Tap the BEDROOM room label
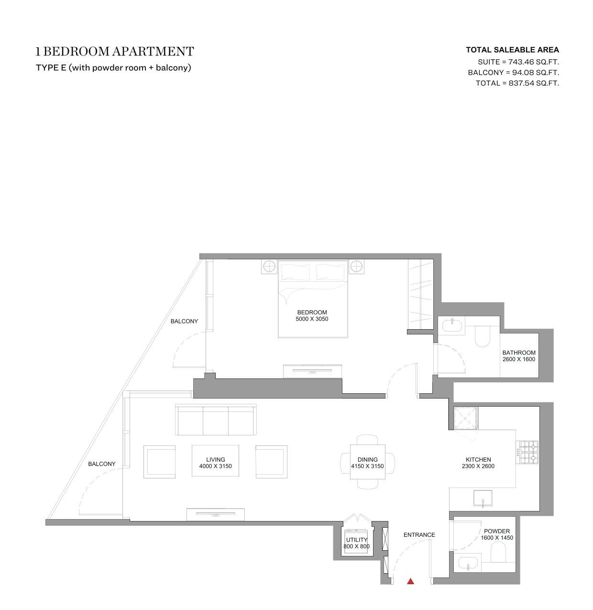click(x=312, y=312)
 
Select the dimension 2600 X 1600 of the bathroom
click(x=519, y=359)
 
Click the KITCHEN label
click(x=478, y=460)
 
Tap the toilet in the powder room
click(x=498, y=553)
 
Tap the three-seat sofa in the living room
click(x=216, y=420)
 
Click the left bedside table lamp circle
click(x=269, y=267)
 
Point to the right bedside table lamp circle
click(x=356, y=267)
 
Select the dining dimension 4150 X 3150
click(x=367, y=466)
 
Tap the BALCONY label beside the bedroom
click(x=184, y=322)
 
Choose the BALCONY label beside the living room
click(x=102, y=464)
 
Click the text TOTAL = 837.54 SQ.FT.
click(x=517, y=83)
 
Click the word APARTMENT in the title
click(x=153, y=51)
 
